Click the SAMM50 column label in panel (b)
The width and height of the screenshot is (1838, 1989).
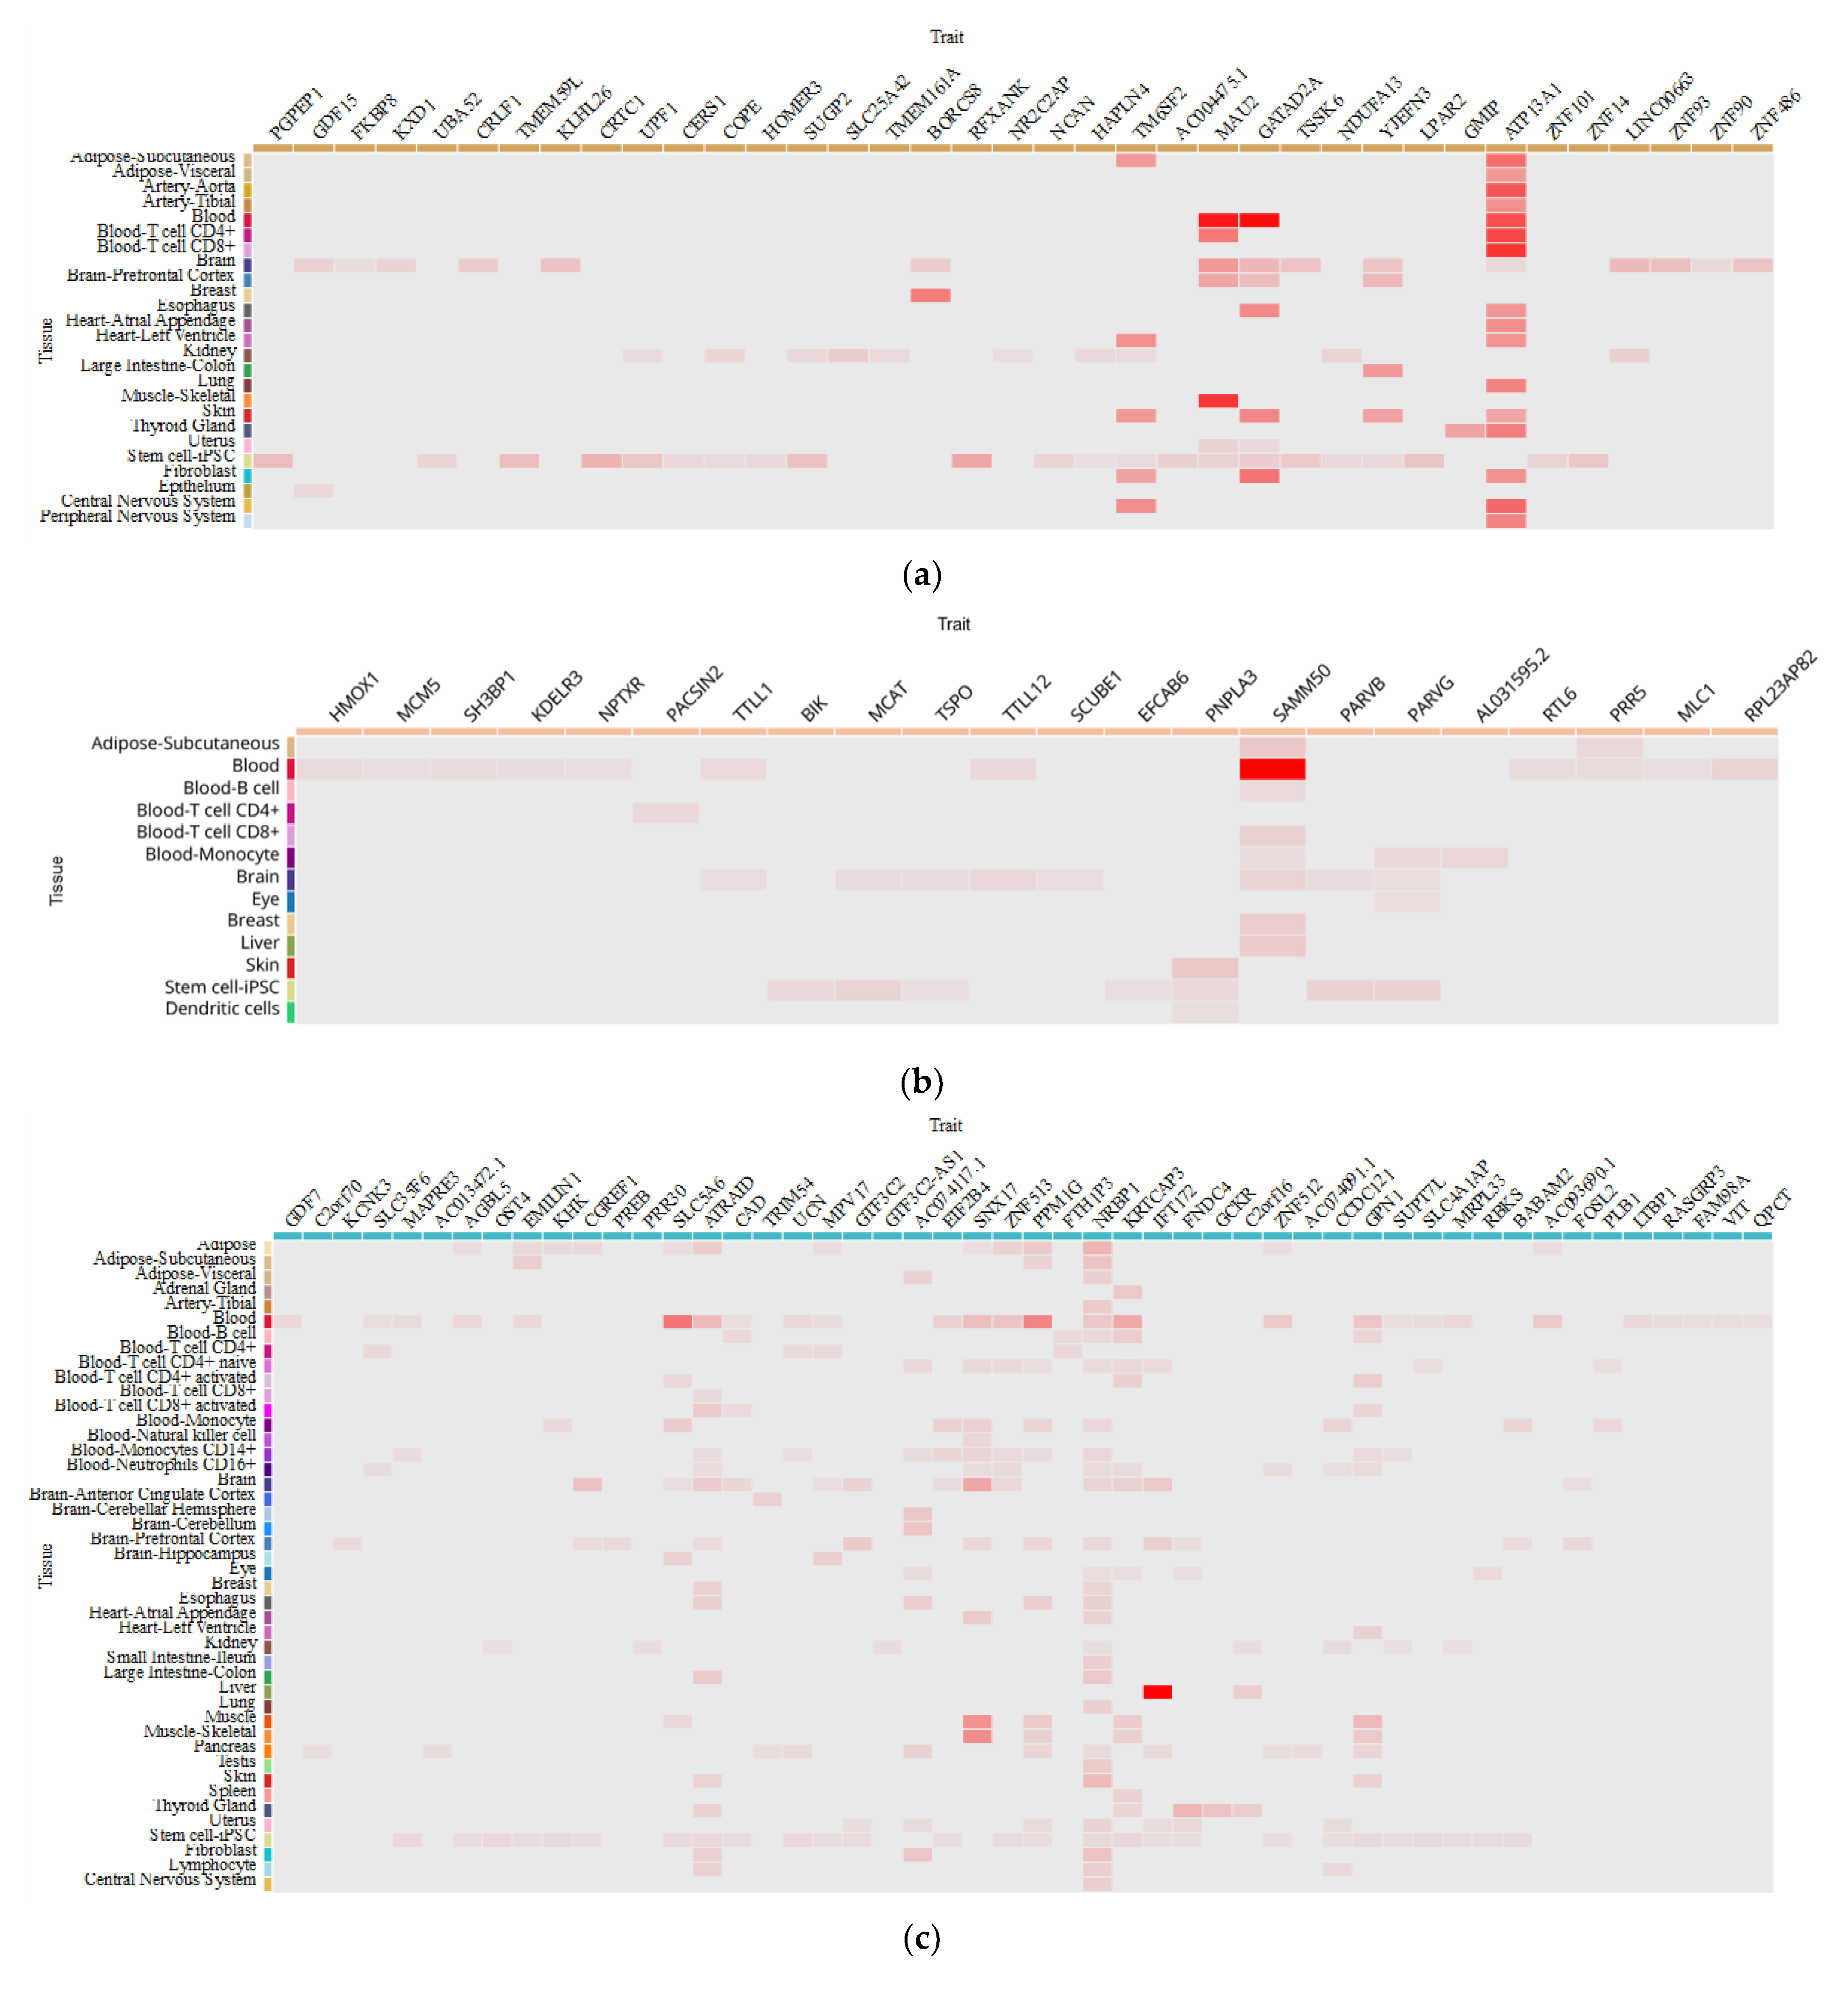1301,693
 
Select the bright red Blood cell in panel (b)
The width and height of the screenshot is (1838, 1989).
1272,768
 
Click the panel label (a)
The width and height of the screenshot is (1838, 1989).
921,575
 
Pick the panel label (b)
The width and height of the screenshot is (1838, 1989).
921,1081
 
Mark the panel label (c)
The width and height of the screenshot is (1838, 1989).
921,1937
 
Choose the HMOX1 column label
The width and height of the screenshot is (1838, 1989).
354,696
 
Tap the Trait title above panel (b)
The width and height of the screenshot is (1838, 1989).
953,623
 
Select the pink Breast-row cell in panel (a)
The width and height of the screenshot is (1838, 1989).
930,295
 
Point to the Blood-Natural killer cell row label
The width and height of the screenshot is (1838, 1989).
171,1435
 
